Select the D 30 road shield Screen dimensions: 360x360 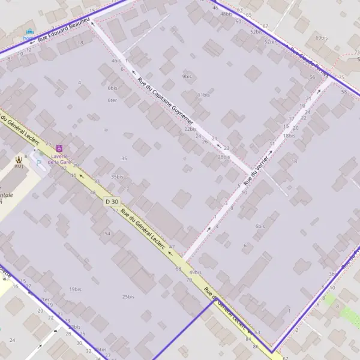[x=112, y=202]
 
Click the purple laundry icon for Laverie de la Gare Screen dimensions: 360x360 [x=59, y=148]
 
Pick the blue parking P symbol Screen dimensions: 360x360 [x=39, y=161]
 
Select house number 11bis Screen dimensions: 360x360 [x=204, y=95]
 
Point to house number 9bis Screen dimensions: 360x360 [x=187, y=77]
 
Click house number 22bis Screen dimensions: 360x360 [x=190, y=129]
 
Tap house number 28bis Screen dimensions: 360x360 [x=224, y=157]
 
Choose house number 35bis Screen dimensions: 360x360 [x=117, y=177]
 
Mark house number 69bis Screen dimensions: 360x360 [x=322, y=38]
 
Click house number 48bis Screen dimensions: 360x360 [x=226, y=14]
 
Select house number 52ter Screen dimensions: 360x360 [x=270, y=42]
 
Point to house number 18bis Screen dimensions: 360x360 [x=289, y=136]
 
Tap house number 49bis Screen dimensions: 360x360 [x=195, y=272]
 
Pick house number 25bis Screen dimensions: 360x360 [x=128, y=296]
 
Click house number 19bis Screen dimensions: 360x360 [x=75, y=289]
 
